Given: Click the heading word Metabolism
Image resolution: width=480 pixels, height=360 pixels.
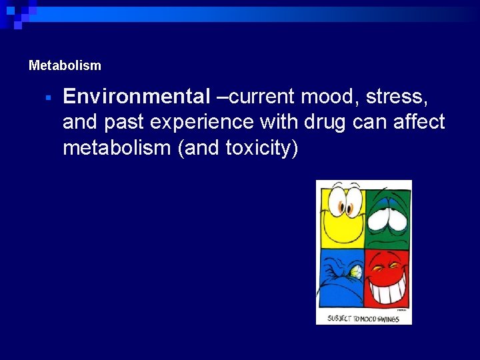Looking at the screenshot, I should [65, 66].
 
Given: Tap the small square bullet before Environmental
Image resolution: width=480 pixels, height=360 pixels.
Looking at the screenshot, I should [48, 98].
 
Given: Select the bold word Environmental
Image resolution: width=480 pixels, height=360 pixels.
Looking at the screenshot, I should [137, 97].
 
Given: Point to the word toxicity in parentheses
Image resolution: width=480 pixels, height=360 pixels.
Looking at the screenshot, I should [258, 148].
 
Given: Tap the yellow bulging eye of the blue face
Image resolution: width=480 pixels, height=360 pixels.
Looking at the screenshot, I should [356, 271].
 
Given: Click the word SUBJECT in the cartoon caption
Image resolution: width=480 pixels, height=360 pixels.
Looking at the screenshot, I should [339, 318].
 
